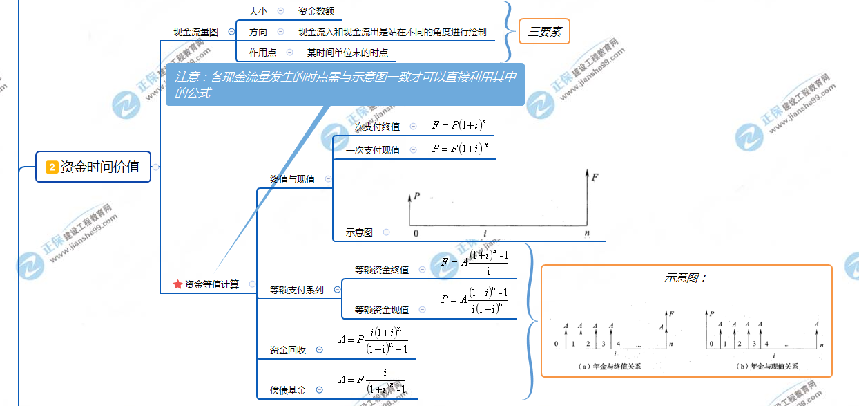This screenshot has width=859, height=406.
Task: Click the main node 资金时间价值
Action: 93,167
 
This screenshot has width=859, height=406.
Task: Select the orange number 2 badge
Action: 52,167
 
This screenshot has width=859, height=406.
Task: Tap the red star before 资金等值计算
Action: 177,284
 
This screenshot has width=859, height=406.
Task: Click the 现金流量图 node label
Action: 195,32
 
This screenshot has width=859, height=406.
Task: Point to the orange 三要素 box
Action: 544,32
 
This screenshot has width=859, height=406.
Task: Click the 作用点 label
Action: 262,53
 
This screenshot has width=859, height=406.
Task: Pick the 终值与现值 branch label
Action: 292,179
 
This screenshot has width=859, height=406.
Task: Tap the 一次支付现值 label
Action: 373,150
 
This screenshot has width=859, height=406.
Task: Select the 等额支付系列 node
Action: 296,290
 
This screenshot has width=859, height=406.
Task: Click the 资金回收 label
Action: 288,350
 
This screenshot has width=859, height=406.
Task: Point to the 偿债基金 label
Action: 288,390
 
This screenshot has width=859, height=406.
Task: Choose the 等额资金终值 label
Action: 381,270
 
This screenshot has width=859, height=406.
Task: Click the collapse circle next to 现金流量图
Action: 231,32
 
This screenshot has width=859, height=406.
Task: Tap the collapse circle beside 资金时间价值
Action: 155,167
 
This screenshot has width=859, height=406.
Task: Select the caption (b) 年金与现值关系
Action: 766,367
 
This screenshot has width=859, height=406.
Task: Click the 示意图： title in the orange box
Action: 685,278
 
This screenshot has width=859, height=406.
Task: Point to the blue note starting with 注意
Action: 345,84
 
